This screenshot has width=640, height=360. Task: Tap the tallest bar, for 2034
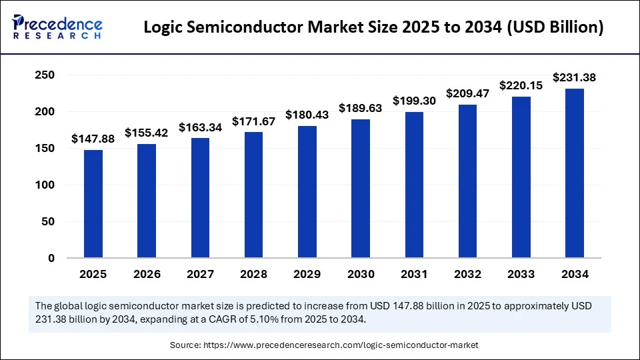(x=574, y=173)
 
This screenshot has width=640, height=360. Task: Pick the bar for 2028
(x=253, y=195)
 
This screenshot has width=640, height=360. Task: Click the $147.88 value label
(x=93, y=139)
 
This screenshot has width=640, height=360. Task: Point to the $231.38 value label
(x=574, y=78)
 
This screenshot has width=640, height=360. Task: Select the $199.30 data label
(x=414, y=101)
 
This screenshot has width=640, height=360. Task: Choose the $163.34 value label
(x=200, y=127)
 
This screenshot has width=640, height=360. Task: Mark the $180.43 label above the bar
(x=307, y=115)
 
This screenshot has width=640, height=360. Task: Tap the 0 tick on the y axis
(x=51, y=258)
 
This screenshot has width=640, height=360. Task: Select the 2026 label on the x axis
(x=147, y=274)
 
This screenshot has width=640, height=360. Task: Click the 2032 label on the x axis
(x=467, y=274)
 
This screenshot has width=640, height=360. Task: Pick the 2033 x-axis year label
(x=521, y=274)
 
